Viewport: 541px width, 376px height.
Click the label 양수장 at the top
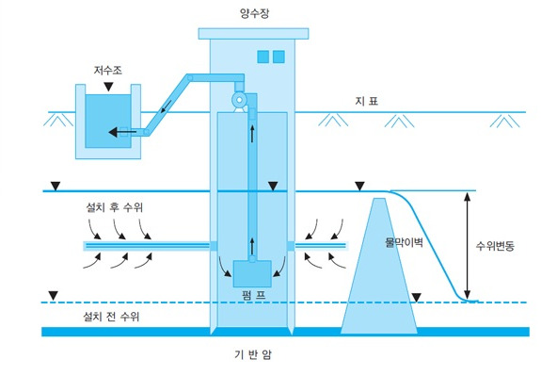[x=254, y=14]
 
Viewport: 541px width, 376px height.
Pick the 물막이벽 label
[x=406, y=241]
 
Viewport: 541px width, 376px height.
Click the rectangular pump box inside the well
[x=252, y=273]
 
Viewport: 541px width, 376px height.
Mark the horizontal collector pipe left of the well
[x=146, y=246]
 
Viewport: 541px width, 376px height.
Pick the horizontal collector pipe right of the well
[x=323, y=246]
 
